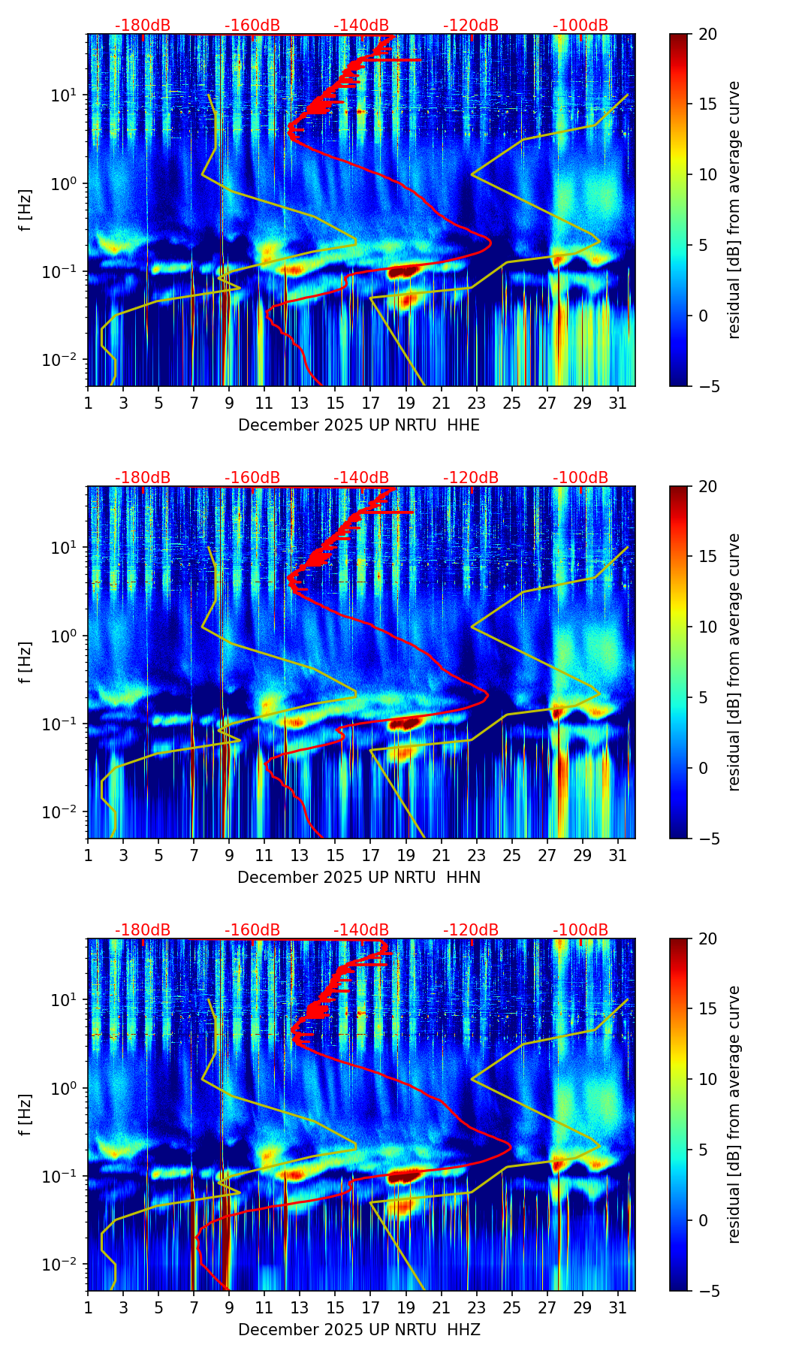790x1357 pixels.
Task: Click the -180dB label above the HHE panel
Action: [x=143, y=26]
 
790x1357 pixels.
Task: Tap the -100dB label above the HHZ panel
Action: [x=580, y=930]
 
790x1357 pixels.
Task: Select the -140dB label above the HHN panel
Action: [x=361, y=478]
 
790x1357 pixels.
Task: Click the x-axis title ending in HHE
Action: [x=359, y=425]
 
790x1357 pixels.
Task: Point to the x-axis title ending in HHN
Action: [x=359, y=878]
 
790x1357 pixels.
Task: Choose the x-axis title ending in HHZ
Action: [x=359, y=1330]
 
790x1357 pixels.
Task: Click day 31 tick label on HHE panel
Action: [x=618, y=403]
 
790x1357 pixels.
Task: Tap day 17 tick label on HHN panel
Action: [x=371, y=856]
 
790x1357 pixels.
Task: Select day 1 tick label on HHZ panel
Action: [x=88, y=1308]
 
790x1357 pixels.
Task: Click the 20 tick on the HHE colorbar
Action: [x=707, y=35]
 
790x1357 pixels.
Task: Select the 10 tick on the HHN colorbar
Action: [x=707, y=627]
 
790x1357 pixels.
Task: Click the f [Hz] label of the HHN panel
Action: [x=26, y=662]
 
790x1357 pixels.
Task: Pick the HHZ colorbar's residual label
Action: [x=734, y=1114]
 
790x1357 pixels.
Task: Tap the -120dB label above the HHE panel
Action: [x=471, y=26]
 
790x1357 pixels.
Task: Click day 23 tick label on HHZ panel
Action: [x=477, y=1308]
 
